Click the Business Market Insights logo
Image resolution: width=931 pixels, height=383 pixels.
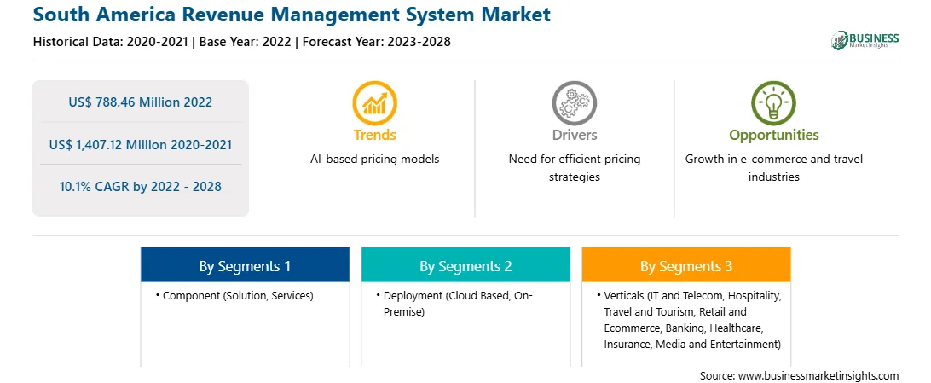pyautogui.click(x=864, y=40)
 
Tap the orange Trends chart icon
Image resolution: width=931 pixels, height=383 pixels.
pyautogui.click(x=374, y=102)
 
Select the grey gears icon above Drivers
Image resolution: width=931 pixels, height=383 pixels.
pyautogui.click(x=574, y=102)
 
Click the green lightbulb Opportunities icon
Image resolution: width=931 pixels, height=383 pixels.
pyautogui.click(x=773, y=102)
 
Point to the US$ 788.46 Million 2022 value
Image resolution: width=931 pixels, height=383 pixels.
pyautogui.click(x=140, y=102)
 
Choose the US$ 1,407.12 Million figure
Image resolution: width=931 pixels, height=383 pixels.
pyautogui.click(x=119, y=144)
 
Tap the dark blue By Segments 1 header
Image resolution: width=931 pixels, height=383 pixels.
pyautogui.click(x=245, y=266)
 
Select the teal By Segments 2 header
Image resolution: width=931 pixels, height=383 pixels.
pyautogui.click(x=465, y=266)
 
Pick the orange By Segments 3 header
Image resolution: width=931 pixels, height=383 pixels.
pyautogui.click(x=686, y=266)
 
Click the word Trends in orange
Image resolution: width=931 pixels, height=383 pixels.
pyautogui.click(x=374, y=136)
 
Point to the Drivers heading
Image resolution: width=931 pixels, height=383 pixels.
pyautogui.click(x=574, y=136)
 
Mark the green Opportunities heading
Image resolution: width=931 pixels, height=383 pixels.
pyautogui.click(x=773, y=136)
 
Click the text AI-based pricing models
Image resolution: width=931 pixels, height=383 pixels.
pyautogui.click(x=374, y=160)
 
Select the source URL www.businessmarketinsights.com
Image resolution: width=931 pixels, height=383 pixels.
pyautogui.click(x=818, y=376)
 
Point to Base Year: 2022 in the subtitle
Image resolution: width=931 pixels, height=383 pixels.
pyautogui.click(x=246, y=42)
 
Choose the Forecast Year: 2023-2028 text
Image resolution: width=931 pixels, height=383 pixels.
pyautogui.click(x=376, y=42)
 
